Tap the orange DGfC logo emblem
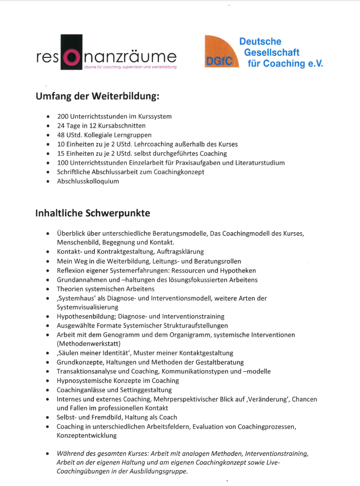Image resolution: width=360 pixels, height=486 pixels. click(219, 51)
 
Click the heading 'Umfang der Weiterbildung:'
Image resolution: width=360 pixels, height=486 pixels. click(97, 96)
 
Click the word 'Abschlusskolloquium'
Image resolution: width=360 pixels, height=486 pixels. click(88, 181)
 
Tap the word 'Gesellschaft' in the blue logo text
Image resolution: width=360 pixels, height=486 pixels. click(271, 52)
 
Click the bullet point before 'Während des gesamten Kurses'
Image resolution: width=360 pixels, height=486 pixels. click(48, 454)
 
